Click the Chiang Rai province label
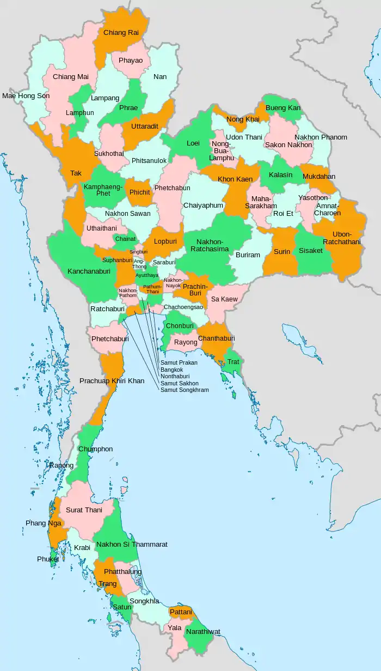tap(121, 33)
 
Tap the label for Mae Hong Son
tap(26, 96)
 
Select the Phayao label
tap(131, 60)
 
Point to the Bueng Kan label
tap(283, 108)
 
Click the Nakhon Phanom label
tap(321, 137)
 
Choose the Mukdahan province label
tap(319, 177)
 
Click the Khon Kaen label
tap(235, 179)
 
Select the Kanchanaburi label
tap(90, 271)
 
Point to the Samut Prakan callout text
tap(179, 362)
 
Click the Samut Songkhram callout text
tap(184, 390)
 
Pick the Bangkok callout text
tap(171, 370)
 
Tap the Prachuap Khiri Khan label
tap(112, 380)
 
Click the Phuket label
tap(48, 559)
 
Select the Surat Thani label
tap(84, 510)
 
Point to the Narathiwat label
tap(202, 632)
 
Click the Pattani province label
tap(181, 612)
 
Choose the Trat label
tap(233, 362)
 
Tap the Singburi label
tap(138, 252)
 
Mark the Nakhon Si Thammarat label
tap(132, 545)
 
